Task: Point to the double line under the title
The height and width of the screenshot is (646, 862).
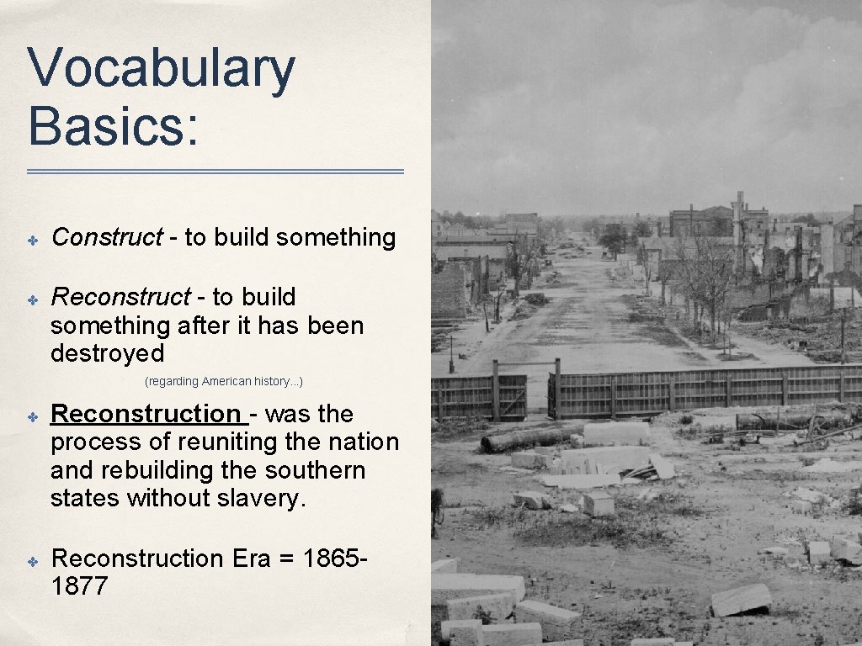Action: [x=215, y=172]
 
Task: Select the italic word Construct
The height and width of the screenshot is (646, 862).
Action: [x=107, y=238]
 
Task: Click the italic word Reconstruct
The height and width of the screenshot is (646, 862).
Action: [x=121, y=297]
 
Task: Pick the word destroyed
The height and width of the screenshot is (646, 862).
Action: [x=107, y=353]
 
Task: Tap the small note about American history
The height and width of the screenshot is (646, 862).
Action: [x=224, y=382]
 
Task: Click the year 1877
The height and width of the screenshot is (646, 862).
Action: [x=79, y=586]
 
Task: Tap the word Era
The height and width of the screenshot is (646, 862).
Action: [x=250, y=559]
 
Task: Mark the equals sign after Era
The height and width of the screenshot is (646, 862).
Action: [x=288, y=559]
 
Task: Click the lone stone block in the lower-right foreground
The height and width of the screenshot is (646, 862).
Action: [x=741, y=600]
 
